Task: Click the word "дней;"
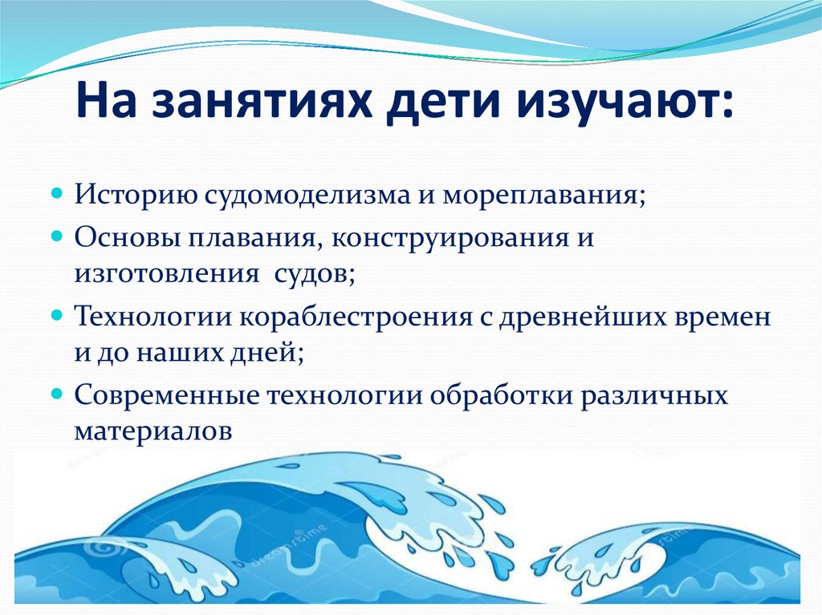click(x=267, y=352)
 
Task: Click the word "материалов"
click(x=154, y=431)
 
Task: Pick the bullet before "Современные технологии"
click(x=58, y=394)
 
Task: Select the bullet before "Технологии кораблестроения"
click(x=58, y=316)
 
